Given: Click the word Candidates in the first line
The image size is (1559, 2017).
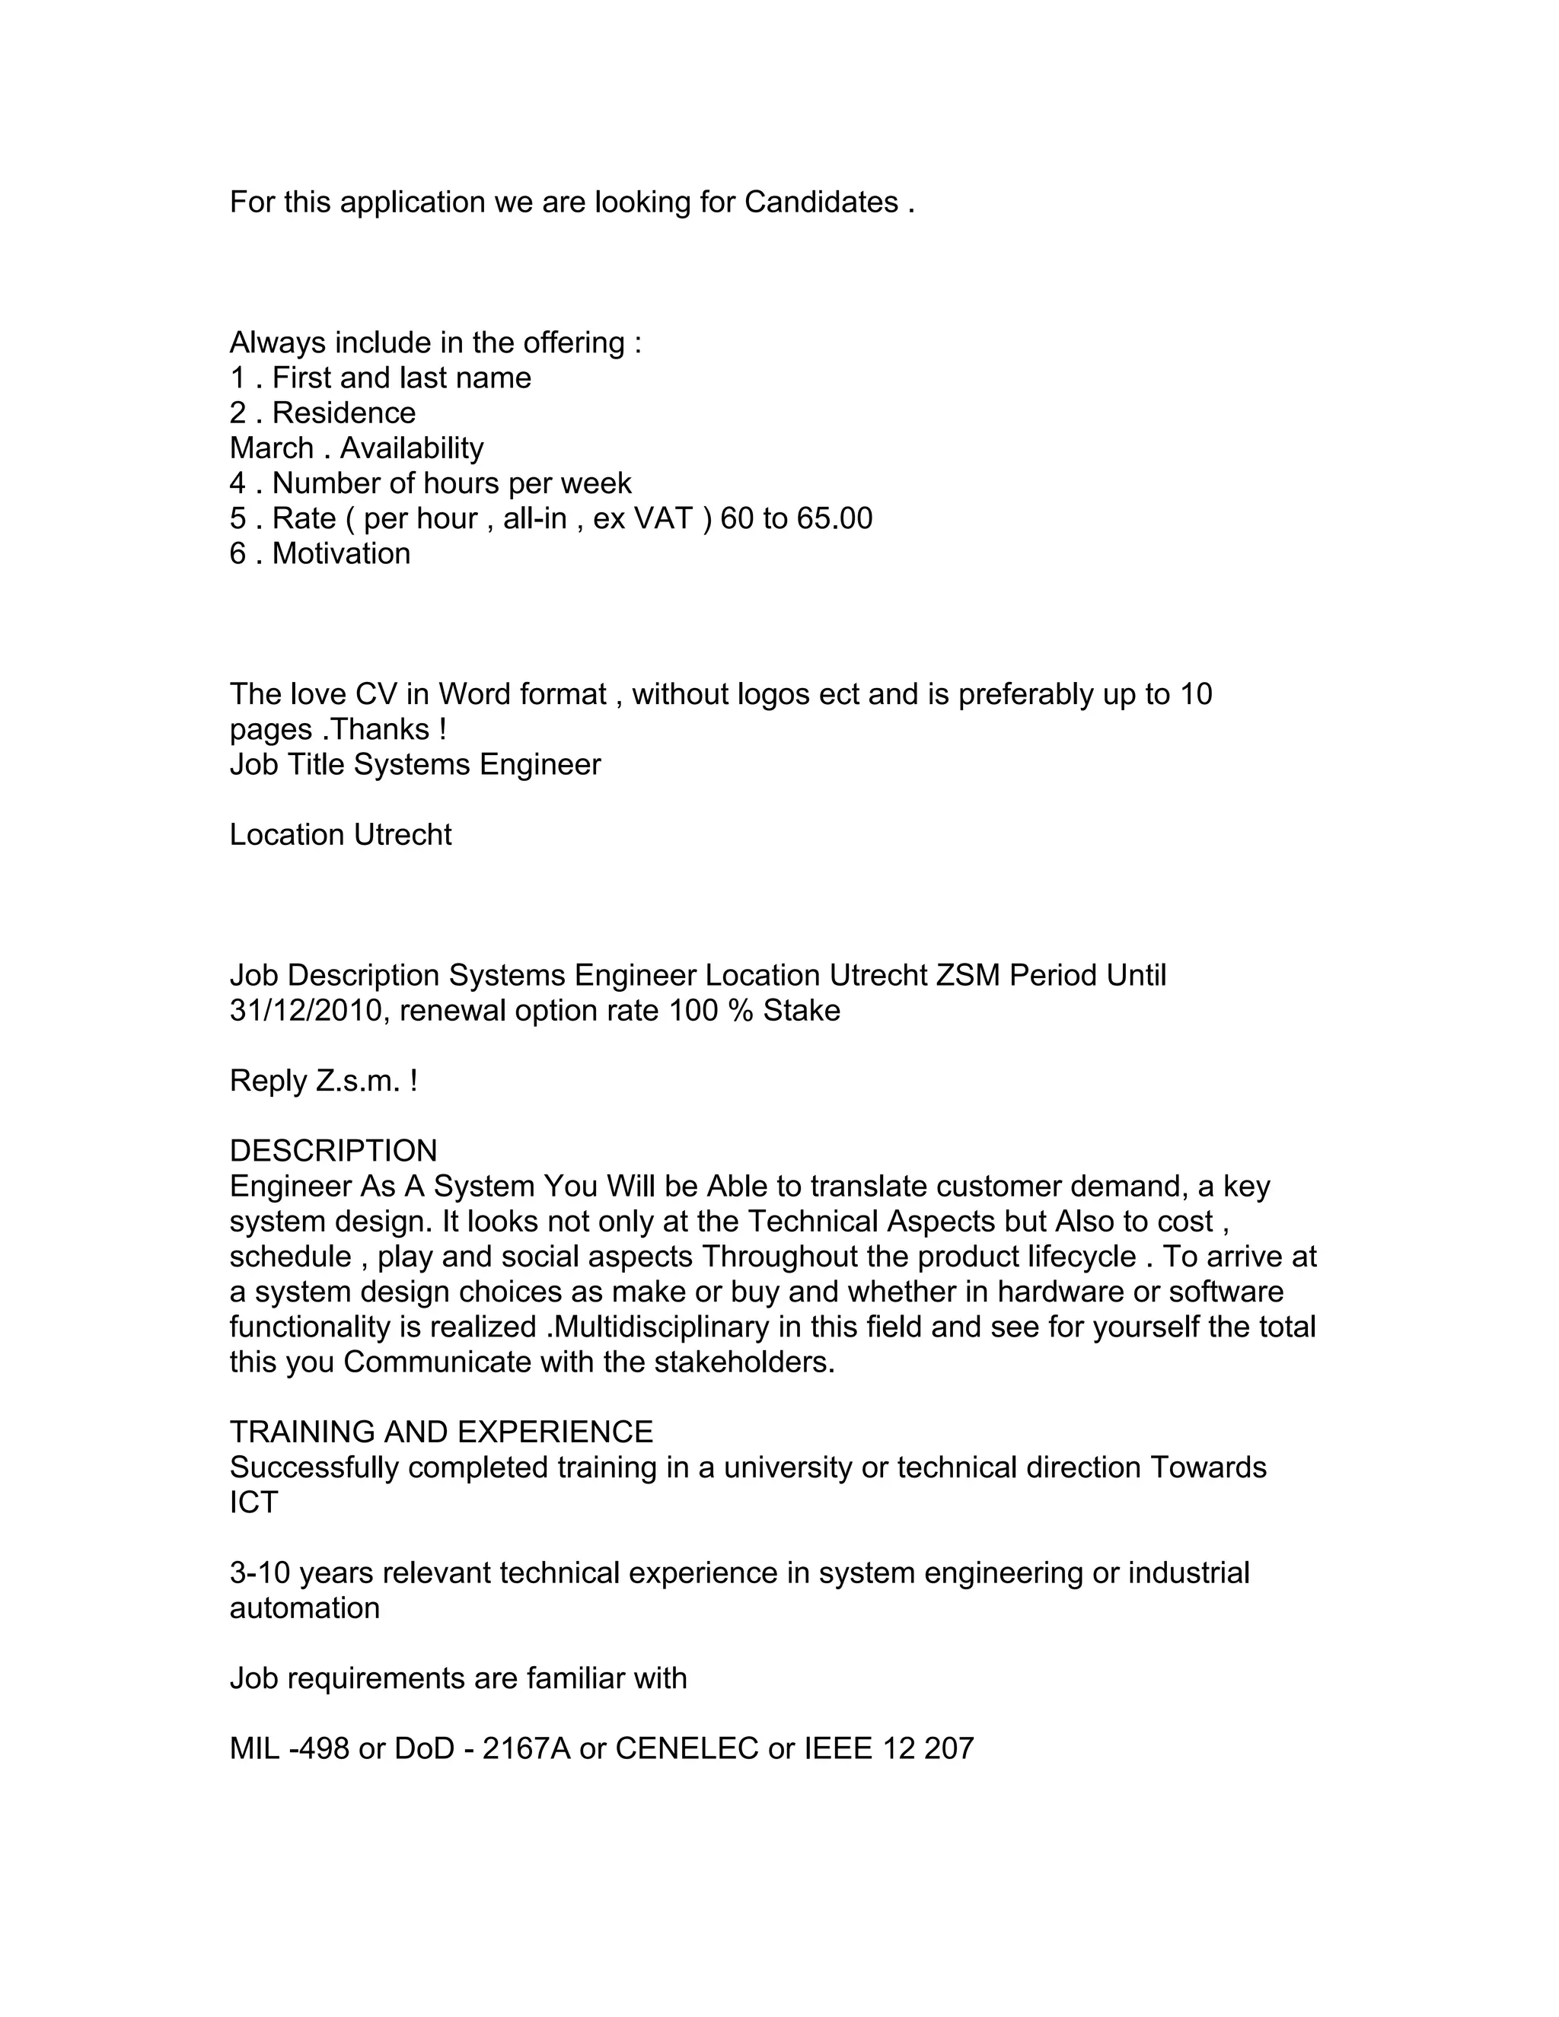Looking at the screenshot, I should point(821,202).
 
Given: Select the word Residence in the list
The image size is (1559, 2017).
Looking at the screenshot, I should point(343,413).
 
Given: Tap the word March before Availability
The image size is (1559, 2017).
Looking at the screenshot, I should point(272,448).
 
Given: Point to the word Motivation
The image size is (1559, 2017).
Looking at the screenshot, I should point(341,553).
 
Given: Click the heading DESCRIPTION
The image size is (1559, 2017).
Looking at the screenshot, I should point(333,1151).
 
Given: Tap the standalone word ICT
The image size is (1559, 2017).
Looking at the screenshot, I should point(254,1502).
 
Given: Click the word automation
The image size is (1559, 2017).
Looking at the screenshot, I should point(304,1608).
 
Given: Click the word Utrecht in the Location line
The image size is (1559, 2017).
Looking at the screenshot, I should point(403,835).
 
